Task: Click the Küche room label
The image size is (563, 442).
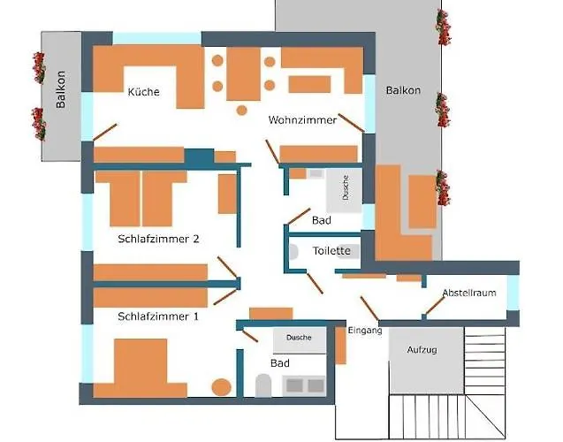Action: [x=143, y=92]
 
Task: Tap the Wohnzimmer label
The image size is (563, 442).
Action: [x=302, y=120]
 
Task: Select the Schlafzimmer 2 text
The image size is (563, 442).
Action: [x=159, y=239]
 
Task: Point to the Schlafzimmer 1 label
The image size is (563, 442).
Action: [x=158, y=316]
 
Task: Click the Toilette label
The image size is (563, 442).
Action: [x=331, y=251]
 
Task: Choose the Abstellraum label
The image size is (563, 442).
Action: [x=469, y=293]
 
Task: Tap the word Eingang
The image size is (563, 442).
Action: [x=365, y=331]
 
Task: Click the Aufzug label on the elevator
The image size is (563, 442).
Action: [x=422, y=350]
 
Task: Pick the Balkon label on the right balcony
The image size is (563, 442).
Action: [x=403, y=91]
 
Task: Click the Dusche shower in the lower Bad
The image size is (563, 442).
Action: [x=299, y=338]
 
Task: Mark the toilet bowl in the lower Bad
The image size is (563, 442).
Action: [x=262, y=384]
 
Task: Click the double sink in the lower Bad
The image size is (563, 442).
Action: [x=304, y=385]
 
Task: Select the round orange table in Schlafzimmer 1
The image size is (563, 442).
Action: [x=222, y=387]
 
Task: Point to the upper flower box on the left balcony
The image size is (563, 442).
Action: [x=39, y=67]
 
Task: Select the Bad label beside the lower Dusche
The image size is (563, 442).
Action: [x=280, y=363]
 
